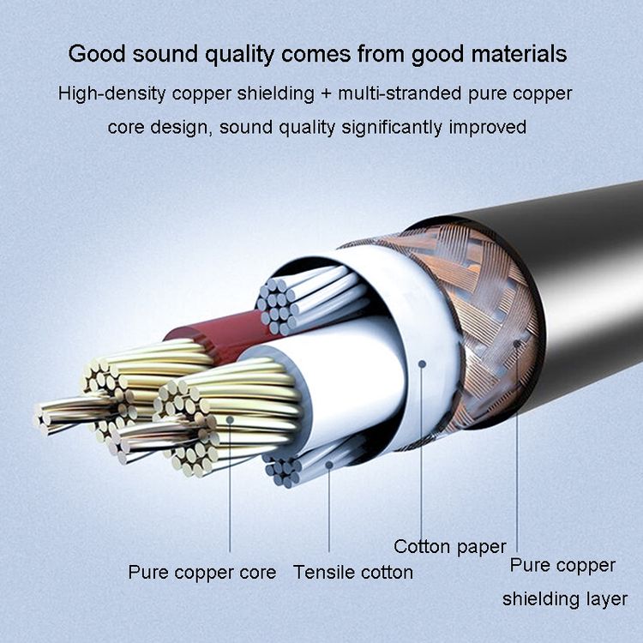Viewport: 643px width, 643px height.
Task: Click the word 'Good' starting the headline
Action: pyautogui.click(x=97, y=54)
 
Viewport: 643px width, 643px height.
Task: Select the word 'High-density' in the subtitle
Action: pyautogui.click(x=111, y=94)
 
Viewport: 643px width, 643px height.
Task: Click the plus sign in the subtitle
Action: pyautogui.click(x=326, y=94)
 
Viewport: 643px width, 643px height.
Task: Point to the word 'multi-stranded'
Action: pyautogui.click(x=400, y=94)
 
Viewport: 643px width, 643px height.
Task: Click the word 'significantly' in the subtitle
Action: pyautogui.click(x=392, y=128)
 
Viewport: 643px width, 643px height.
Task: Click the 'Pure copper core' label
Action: pyautogui.click(x=201, y=573)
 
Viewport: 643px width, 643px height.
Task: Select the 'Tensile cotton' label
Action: pyautogui.click(x=353, y=573)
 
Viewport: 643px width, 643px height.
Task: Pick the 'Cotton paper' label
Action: pyautogui.click(x=450, y=547)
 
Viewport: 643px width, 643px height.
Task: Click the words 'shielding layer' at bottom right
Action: pyautogui.click(x=565, y=599)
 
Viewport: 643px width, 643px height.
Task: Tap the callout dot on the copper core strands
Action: pyautogui.click(x=230, y=419)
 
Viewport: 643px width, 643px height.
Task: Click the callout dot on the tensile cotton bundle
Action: pyautogui.click(x=329, y=465)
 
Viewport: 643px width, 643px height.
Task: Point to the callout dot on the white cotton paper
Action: pyautogui.click(x=422, y=364)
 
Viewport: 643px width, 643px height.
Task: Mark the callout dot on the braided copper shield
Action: pyautogui.click(x=518, y=344)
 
